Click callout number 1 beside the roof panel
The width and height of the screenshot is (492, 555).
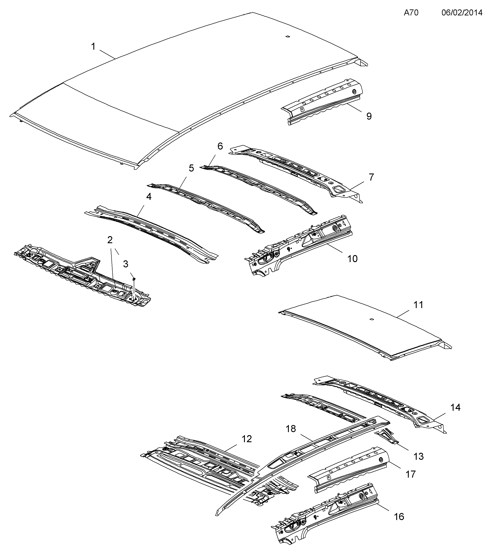click(x=93, y=47)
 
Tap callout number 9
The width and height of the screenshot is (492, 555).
click(x=369, y=116)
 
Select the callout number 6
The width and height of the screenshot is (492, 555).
click(x=220, y=146)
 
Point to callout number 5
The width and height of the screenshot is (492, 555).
click(x=192, y=168)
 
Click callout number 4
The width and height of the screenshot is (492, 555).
click(x=149, y=197)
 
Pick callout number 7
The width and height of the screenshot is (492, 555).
click(x=371, y=177)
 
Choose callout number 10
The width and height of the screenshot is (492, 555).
click(x=352, y=259)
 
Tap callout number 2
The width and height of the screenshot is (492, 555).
click(x=110, y=240)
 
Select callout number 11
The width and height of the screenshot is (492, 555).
click(x=418, y=305)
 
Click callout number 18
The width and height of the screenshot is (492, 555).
click(x=291, y=436)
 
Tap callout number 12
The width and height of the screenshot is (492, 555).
click(x=246, y=446)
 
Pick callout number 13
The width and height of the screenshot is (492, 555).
click(x=418, y=456)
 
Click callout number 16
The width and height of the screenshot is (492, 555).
click(x=399, y=516)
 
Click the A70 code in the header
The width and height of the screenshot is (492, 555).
click(x=411, y=13)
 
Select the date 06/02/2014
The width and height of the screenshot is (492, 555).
click(x=462, y=13)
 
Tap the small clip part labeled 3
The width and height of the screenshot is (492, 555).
click(x=134, y=279)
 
